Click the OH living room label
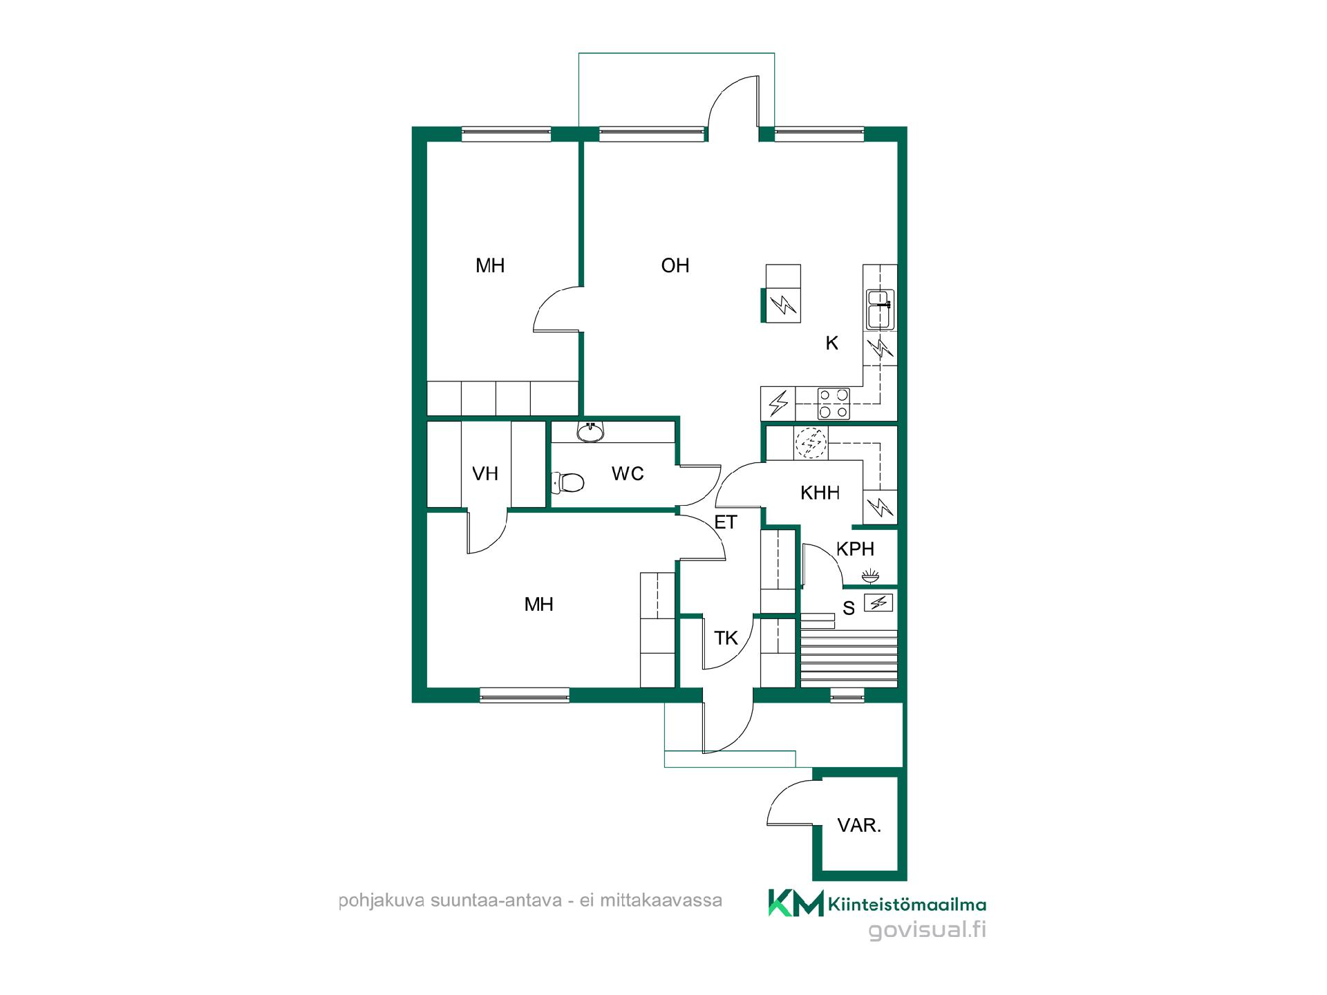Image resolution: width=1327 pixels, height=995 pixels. [675, 265]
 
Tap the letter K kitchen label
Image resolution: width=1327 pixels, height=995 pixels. [832, 343]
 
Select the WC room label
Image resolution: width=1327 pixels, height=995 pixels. [628, 473]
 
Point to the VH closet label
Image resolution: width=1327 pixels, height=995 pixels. [485, 473]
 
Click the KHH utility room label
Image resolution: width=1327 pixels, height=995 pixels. [820, 493]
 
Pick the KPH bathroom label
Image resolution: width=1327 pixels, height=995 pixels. [856, 549]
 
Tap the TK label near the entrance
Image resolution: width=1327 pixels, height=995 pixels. [726, 638]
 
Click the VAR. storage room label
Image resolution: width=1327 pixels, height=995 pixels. [859, 825]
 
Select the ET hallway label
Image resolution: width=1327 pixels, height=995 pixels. [726, 522]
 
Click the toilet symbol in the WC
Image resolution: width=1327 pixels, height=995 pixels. [567, 482]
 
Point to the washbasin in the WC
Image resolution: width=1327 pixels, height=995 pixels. [590, 432]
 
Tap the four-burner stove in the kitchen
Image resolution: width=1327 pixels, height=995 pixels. [834, 404]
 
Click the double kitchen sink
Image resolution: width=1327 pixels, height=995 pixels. [880, 310]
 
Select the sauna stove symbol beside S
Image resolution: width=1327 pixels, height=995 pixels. [878, 603]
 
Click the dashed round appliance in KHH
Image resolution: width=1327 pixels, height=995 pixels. [811, 444]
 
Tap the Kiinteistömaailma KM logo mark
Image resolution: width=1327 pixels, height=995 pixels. [796, 903]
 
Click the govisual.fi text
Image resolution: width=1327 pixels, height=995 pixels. [927, 930]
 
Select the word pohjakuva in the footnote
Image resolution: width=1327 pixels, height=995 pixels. [381, 901]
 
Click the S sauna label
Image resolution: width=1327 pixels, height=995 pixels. [849, 608]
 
